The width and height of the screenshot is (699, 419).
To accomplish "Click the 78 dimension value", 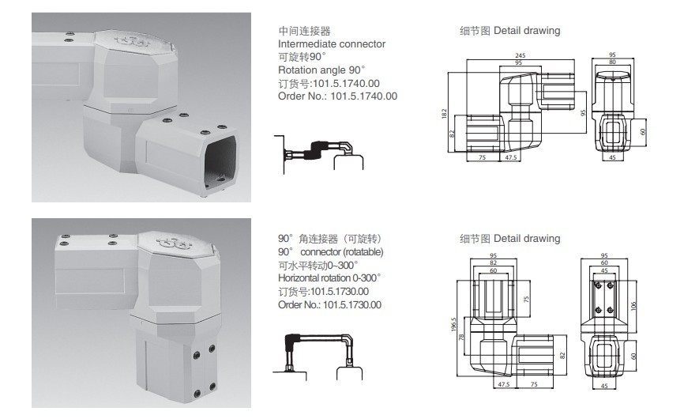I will (460, 338).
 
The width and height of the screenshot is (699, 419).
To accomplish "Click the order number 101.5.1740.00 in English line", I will (337, 96).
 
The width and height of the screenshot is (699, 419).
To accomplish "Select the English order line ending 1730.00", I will (329, 304).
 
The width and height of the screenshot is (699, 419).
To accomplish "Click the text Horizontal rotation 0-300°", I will (329, 278).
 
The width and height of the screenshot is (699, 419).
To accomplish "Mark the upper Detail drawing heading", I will (509, 31).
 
